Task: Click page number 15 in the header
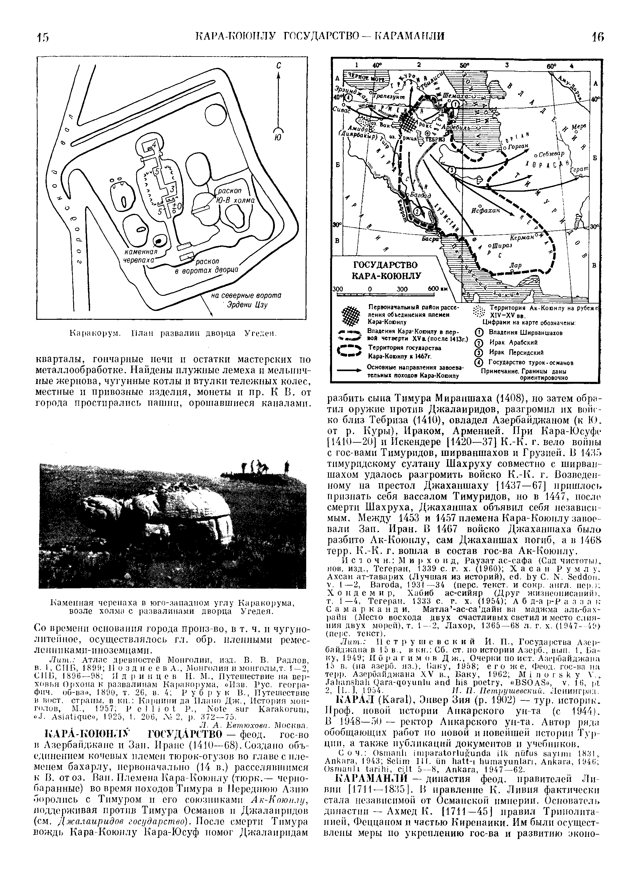coord(42,37)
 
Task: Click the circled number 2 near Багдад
coord(417,212)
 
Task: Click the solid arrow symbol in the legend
coord(350,371)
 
